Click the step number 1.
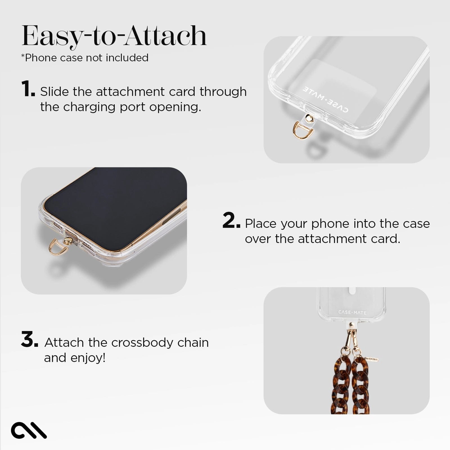click(28, 89)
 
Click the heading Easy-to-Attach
click(114, 36)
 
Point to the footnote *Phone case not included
click(85, 58)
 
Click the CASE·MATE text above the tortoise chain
click(352, 312)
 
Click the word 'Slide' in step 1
click(54, 92)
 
